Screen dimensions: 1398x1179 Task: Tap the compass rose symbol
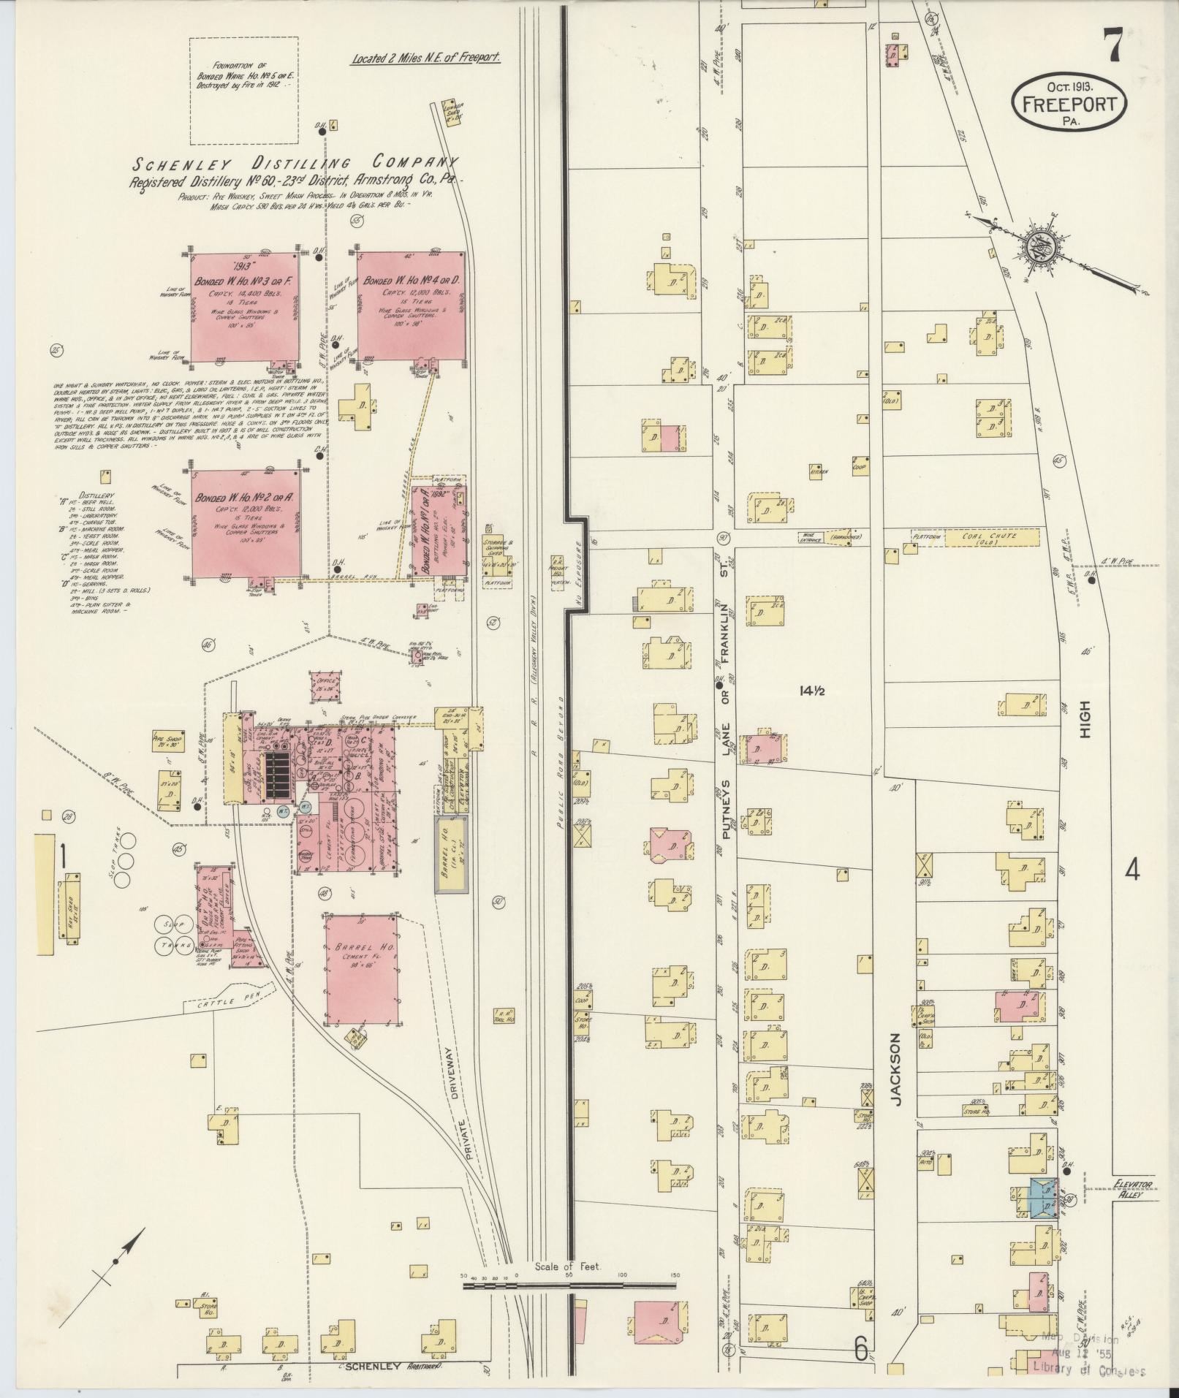pyautogui.click(x=1038, y=248)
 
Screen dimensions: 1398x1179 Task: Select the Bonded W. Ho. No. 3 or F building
pyautogui.click(x=243, y=306)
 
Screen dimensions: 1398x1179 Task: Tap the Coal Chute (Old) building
pyautogui.click(x=991, y=537)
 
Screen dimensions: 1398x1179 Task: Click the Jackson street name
pyautogui.click(x=898, y=1068)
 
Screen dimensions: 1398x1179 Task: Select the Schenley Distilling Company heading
pyautogui.click(x=295, y=164)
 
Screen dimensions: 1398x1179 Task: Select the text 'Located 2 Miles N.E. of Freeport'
pyautogui.click(x=425, y=59)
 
